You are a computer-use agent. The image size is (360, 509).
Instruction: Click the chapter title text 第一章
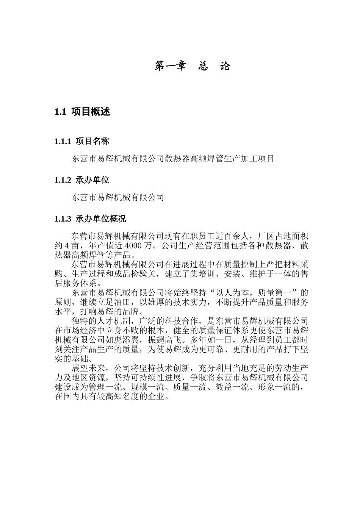point(171,66)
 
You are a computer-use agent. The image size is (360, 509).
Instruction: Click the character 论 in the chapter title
point(225,66)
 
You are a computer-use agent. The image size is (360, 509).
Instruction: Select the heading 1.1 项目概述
point(82,112)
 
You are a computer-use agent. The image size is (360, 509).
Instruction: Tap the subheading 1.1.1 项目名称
point(82,141)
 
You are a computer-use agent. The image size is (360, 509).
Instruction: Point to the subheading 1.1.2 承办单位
point(82,180)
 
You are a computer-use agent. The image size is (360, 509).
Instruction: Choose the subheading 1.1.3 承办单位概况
point(90,219)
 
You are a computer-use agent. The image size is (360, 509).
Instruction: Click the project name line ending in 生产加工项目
point(172,159)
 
